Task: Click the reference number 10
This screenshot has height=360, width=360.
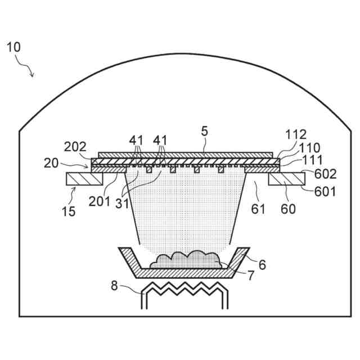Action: click(13, 47)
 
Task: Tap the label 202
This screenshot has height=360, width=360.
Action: click(75, 147)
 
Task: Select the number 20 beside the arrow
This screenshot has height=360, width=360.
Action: click(51, 163)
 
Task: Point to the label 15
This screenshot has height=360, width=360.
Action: click(69, 211)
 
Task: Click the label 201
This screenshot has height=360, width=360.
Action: click(100, 201)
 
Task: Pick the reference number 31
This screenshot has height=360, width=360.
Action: click(122, 204)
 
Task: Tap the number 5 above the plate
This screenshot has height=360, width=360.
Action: click(204, 131)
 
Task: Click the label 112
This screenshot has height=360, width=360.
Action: click(296, 134)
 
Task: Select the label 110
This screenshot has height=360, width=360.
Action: click(309, 148)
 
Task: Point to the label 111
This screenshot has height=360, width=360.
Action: click(313, 160)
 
